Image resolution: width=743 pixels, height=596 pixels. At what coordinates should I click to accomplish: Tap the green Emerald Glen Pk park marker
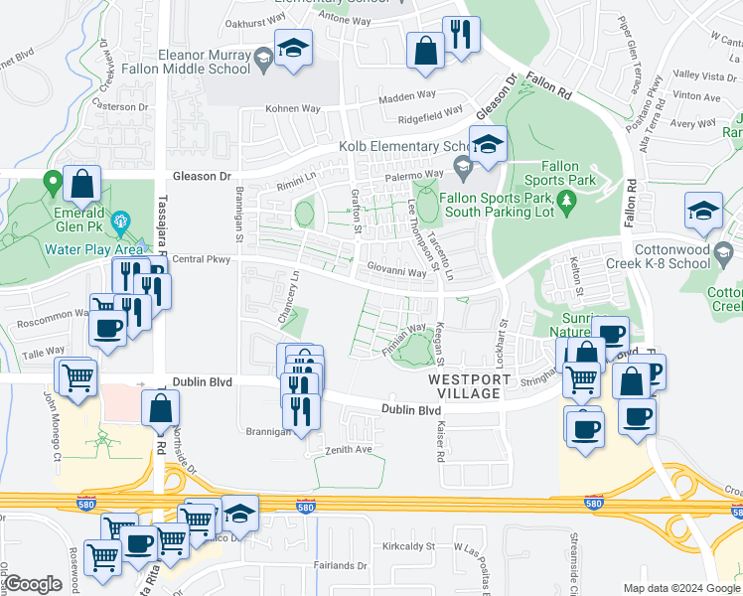[x=51, y=182]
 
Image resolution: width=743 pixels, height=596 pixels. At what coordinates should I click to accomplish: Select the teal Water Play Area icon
[x=121, y=221]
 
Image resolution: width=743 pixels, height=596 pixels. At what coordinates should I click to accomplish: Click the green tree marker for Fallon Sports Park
[x=566, y=202]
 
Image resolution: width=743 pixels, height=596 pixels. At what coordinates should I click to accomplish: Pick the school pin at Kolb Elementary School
[x=488, y=146]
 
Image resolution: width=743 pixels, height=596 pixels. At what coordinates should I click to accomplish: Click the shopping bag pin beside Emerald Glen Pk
[x=81, y=184]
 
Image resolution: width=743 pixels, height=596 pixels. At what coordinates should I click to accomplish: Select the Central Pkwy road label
[x=201, y=260]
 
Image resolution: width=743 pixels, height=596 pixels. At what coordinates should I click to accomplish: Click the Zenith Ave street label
[x=349, y=450]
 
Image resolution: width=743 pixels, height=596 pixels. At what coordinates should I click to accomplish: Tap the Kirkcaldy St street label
[x=410, y=546]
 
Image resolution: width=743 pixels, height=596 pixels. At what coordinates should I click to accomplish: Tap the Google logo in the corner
[x=33, y=584]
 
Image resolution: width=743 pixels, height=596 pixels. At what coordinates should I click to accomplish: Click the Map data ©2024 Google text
[x=680, y=588]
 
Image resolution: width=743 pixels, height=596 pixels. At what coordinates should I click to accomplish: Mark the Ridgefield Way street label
[x=431, y=115]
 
